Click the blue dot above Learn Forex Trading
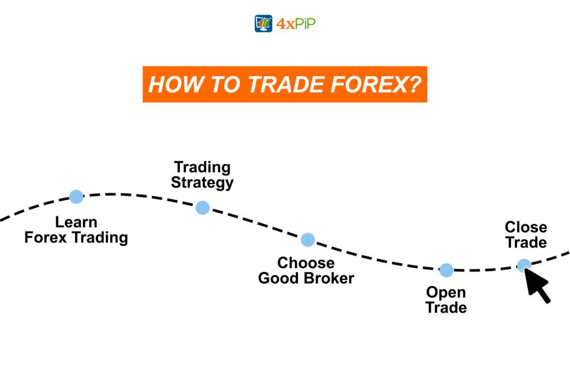(76, 196)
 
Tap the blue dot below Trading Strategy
(203, 208)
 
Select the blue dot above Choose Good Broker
(308, 240)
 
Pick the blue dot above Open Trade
(446, 270)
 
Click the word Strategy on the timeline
(202, 182)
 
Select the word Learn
(76, 223)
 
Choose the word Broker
(329, 278)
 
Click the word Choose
(306, 263)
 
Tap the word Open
(446, 292)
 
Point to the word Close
(526, 227)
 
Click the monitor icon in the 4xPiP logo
(263, 23)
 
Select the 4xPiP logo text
(296, 24)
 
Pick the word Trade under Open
(446, 307)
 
